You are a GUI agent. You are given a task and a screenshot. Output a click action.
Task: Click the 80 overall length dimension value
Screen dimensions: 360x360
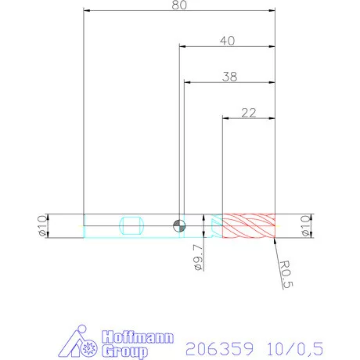[179, 5]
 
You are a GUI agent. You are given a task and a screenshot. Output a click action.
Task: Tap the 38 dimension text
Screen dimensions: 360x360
[229, 77]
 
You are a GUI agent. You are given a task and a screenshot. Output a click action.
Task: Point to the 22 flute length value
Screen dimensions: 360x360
[249, 113]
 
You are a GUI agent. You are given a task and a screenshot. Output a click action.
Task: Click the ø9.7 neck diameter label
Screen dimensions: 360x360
[198, 257]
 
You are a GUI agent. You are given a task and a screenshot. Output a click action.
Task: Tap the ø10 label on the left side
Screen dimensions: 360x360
[43, 225]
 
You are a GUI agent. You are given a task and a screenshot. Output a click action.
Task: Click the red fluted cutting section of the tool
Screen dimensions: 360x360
[249, 225]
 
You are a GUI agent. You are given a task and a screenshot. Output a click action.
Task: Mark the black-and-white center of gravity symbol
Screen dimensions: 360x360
[180, 225]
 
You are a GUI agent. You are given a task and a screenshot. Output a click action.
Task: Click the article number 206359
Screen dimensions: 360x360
[215, 347]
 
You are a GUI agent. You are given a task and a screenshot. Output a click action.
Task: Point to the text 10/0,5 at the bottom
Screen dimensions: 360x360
[294, 347]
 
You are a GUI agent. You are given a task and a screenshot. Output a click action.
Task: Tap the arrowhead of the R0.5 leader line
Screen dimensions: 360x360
[275, 240]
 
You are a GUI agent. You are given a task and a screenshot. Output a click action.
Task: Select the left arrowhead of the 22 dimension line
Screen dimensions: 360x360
[227, 119]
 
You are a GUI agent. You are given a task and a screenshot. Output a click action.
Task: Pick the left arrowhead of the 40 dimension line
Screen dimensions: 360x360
[183, 47]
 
